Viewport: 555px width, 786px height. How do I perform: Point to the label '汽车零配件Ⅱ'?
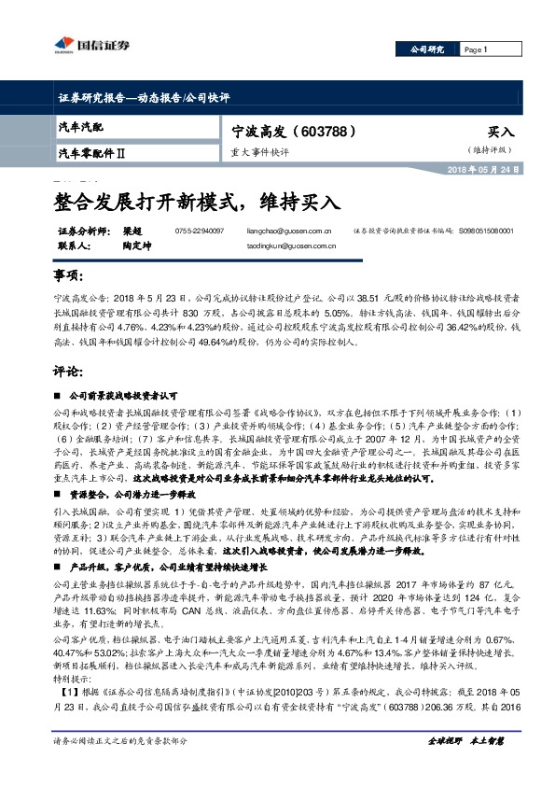coord(92,151)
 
